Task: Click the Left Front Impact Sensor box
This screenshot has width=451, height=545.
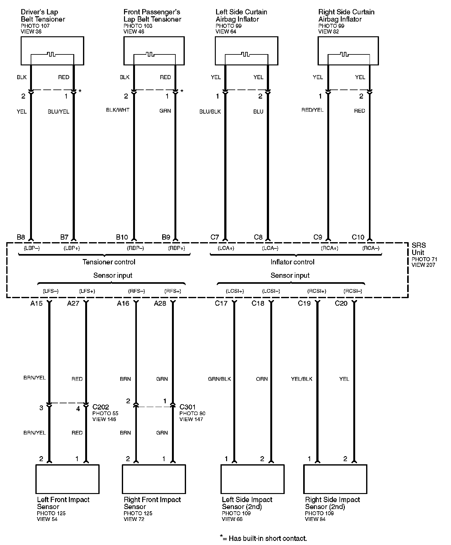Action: (x=67, y=479)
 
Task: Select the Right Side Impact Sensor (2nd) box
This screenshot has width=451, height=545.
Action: (x=335, y=479)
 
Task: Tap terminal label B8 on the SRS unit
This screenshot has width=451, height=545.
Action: (x=21, y=237)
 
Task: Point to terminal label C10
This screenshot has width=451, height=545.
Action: (x=358, y=237)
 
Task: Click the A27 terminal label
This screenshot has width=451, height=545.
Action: (x=73, y=303)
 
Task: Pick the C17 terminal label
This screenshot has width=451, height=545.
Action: (x=221, y=303)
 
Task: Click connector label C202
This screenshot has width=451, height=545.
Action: (x=101, y=407)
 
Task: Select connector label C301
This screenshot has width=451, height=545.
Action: (x=188, y=407)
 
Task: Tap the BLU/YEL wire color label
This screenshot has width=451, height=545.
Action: (x=59, y=112)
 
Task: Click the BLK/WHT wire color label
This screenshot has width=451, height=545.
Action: (x=118, y=110)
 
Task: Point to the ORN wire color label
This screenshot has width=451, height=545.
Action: (x=262, y=379)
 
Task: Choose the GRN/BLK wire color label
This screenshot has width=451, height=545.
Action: (x=219, y=379)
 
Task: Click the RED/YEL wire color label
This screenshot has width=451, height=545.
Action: (x=313, y=110)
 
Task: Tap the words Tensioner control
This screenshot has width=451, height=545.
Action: (x=109, y=262)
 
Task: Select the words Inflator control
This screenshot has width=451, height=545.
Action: (x=292, y=262)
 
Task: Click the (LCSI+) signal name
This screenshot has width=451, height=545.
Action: (x=235, y=291)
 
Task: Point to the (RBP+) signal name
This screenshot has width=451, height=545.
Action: (x=177, y=248)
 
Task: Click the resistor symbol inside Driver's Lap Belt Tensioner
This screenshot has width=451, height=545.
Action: (x=51, y=54)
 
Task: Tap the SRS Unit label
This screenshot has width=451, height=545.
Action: (x=419, y=249)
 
